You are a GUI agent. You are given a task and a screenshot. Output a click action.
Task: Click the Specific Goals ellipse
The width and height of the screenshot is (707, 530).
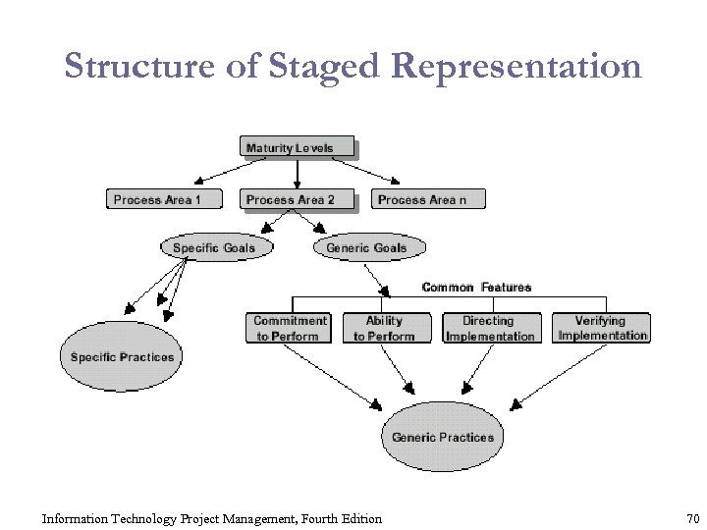pos(213,248)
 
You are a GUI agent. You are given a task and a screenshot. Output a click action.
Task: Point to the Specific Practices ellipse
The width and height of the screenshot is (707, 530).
pos(122,357)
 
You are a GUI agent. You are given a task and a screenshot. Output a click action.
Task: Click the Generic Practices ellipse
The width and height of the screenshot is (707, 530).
pos(442,437)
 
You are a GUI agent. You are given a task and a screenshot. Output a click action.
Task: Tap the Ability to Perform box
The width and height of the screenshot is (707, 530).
pos(384,328)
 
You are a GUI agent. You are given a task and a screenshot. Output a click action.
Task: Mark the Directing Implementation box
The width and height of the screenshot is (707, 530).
pos(490,328)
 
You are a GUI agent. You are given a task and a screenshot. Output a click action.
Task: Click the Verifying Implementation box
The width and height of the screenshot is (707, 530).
pos(602,328)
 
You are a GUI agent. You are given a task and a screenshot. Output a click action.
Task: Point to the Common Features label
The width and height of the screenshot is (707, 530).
pos(476,288)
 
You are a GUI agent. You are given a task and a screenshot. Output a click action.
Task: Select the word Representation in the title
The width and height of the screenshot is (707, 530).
pos(516,67)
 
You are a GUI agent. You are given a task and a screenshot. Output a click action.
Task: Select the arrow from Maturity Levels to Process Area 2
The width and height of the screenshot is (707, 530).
pos(298,173)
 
